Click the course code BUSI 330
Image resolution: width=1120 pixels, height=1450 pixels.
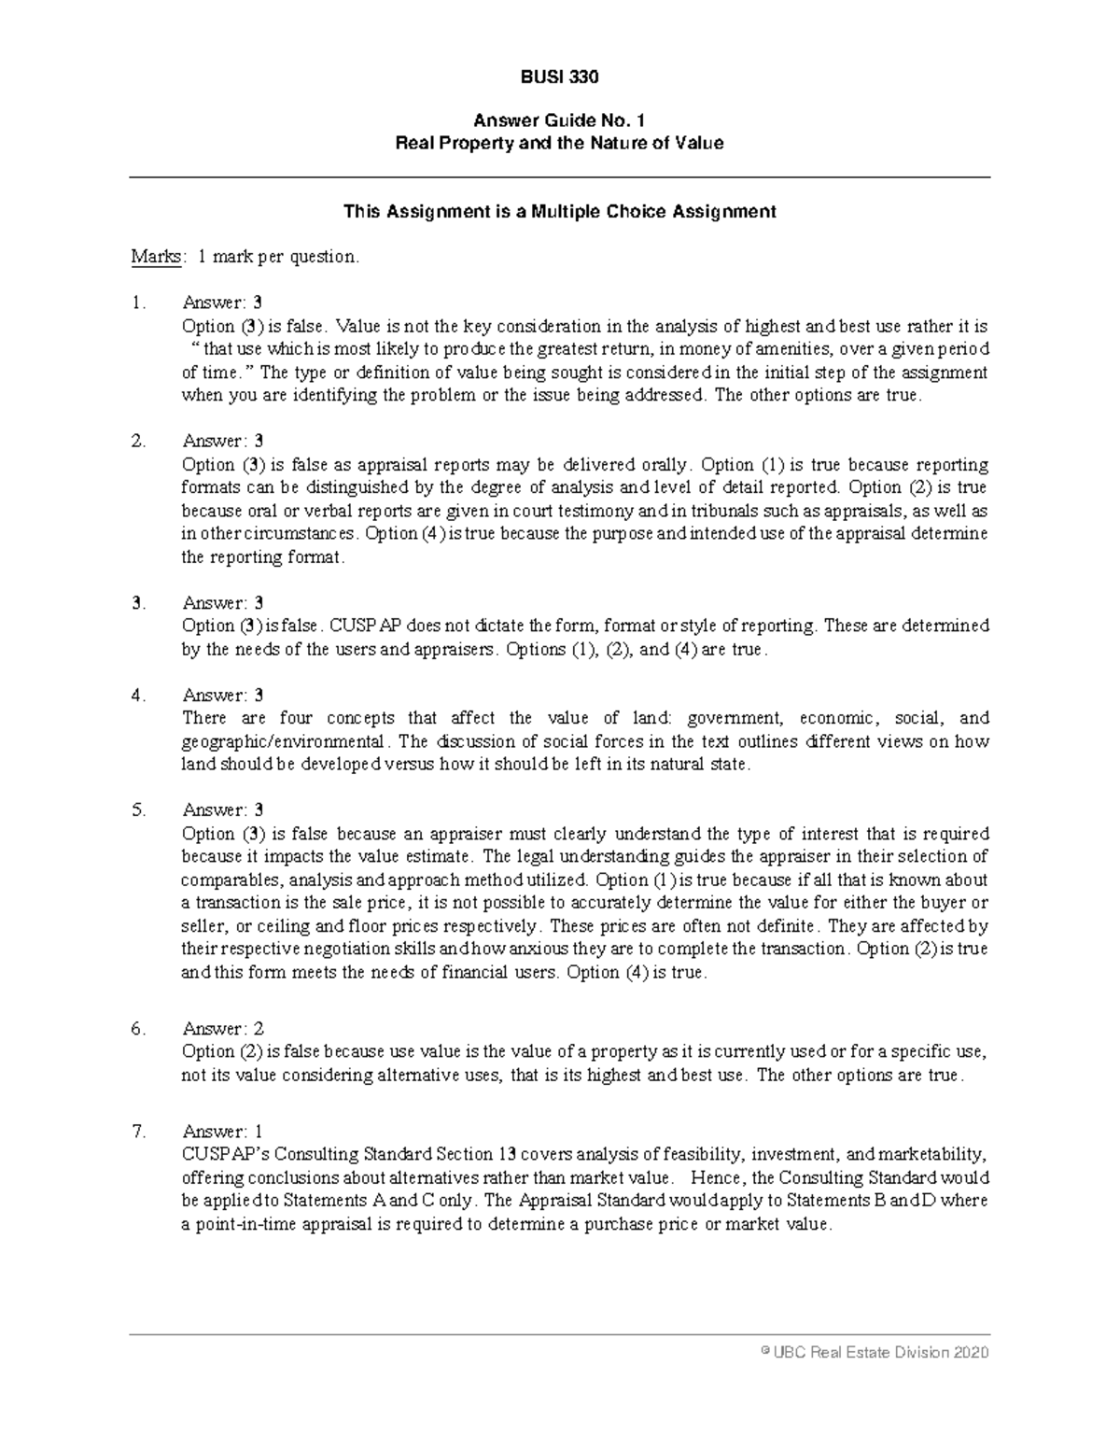[559, 77]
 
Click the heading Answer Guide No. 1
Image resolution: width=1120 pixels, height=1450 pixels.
[559, 120]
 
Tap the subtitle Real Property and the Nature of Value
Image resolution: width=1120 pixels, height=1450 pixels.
[559, 144]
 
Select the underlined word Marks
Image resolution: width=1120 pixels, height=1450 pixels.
[156, 257]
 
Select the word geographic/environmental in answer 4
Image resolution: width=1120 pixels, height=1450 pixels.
[282, 742]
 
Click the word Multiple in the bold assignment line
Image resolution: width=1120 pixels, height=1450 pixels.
[562, 212]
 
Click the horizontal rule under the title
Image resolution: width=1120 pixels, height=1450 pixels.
[559, 177]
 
